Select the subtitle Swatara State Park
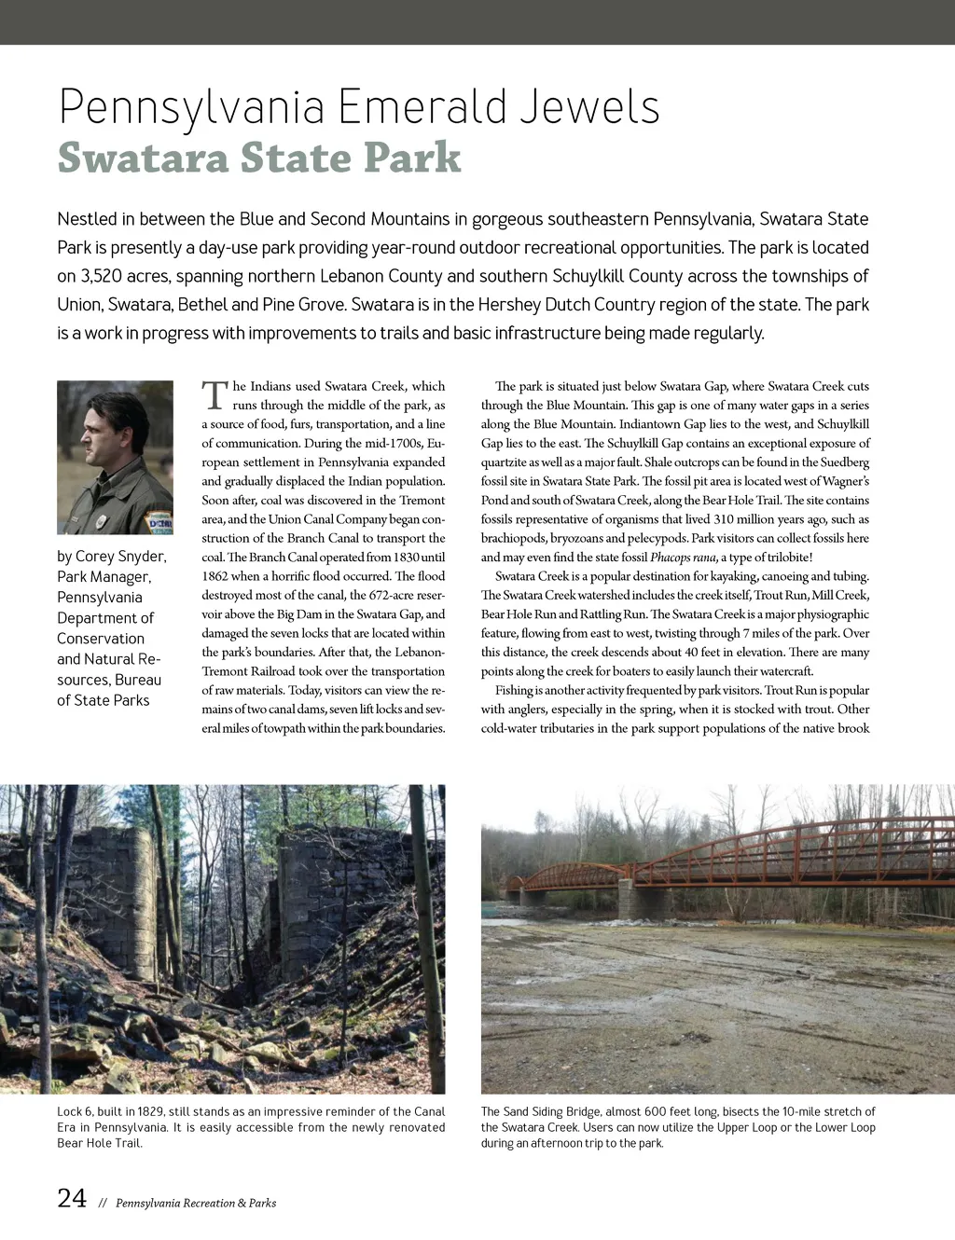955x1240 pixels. click(x=259, y=158)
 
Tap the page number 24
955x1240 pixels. click(x=72, y=1199)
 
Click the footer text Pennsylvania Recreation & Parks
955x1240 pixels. click(x=196, y=1204)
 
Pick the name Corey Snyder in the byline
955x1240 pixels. click(x=120, y=557)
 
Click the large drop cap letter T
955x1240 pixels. click(x=215, y=395)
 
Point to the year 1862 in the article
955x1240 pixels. click(x=215, y=576)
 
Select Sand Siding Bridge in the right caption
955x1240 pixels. click(x=551, y=1111)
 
